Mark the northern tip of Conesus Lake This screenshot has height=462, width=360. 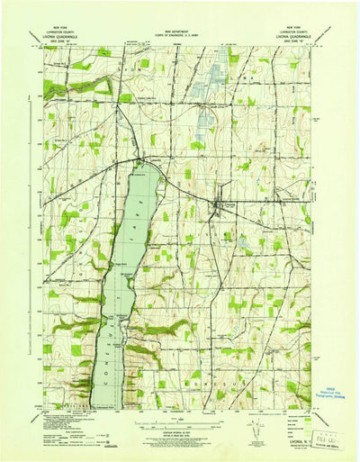(142, 166)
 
